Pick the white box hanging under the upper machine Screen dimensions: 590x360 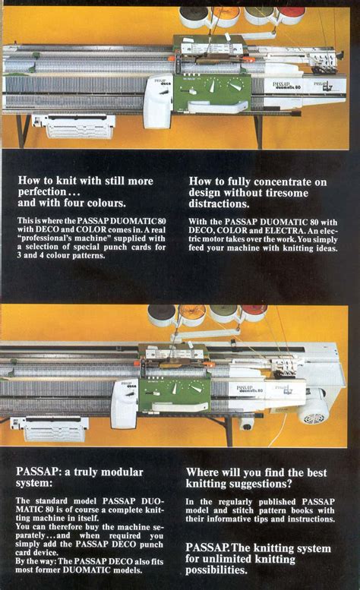[74, 125]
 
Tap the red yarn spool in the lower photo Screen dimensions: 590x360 [254, 311]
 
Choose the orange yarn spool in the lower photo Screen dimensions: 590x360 [191, 312]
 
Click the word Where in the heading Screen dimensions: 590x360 [204, 472]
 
